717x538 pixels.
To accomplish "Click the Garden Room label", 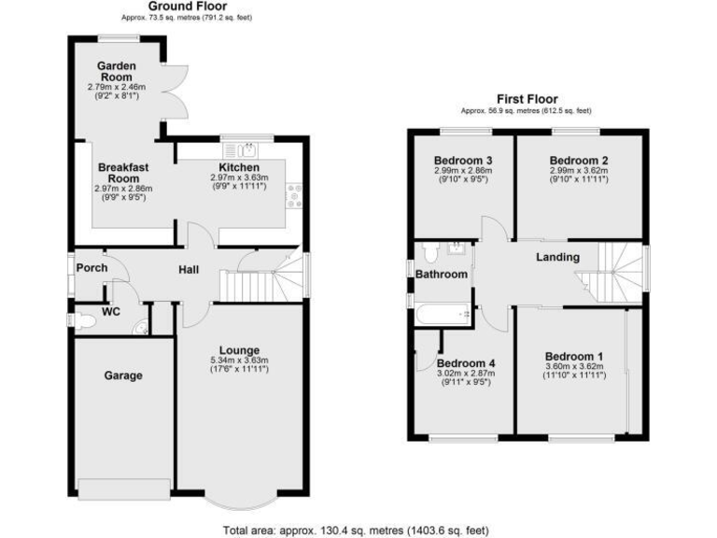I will tap(119, 72).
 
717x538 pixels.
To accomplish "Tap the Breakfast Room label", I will tap(122, 172).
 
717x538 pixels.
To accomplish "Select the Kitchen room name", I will tap(238, 167).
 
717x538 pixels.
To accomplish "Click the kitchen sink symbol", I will tap(247, 149).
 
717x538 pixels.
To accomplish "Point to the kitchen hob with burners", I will tap(296, 193).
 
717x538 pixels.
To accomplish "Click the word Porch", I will tap(92, 268).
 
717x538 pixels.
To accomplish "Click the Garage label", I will tap(122, 375).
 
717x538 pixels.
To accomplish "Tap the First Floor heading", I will tap(527, 98).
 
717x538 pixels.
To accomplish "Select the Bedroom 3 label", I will tap(463, 161).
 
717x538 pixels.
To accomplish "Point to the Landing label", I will tap(558, 257).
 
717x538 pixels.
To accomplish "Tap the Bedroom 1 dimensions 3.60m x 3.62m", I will tap(575, 367).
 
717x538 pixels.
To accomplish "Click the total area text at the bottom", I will tap(356, 530).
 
